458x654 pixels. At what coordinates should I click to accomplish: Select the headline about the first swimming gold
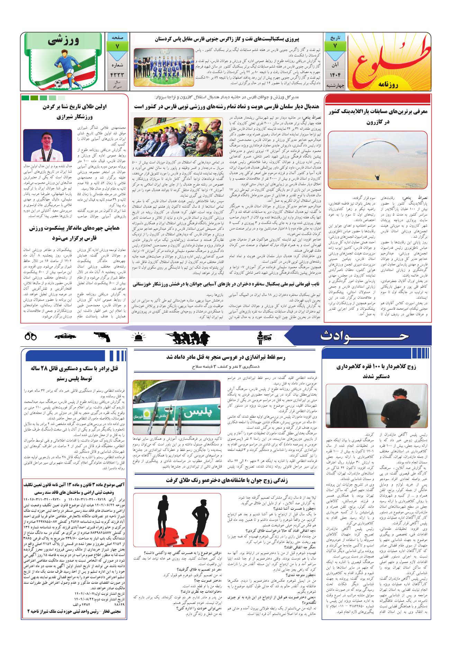tap(74, 111)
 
